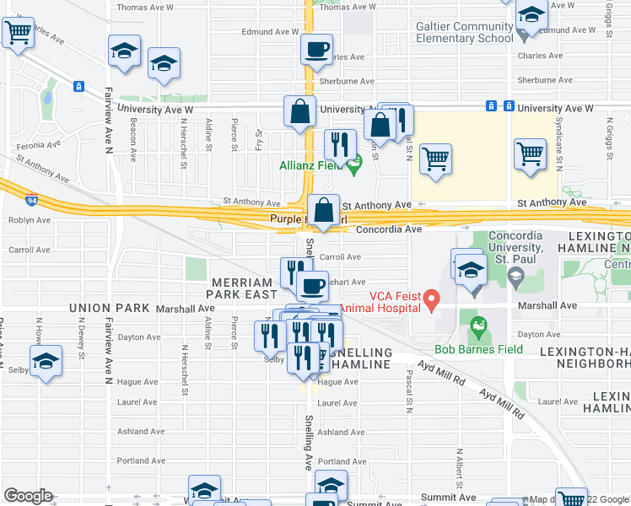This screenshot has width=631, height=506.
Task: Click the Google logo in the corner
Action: pos(28,496)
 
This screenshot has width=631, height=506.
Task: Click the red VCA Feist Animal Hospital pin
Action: pos(432,299)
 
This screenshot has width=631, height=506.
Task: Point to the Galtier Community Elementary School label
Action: pos(464,32)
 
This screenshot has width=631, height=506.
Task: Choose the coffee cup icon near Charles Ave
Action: pos(316,50)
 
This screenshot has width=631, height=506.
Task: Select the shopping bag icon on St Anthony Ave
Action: pos(323,211)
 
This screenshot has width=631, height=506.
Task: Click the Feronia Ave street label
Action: pos(39,145)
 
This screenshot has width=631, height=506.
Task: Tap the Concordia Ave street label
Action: pos(388,229)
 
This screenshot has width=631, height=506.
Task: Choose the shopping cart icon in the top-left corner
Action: pos(18,32)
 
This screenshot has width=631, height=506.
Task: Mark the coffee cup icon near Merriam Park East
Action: pos(312,286)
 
